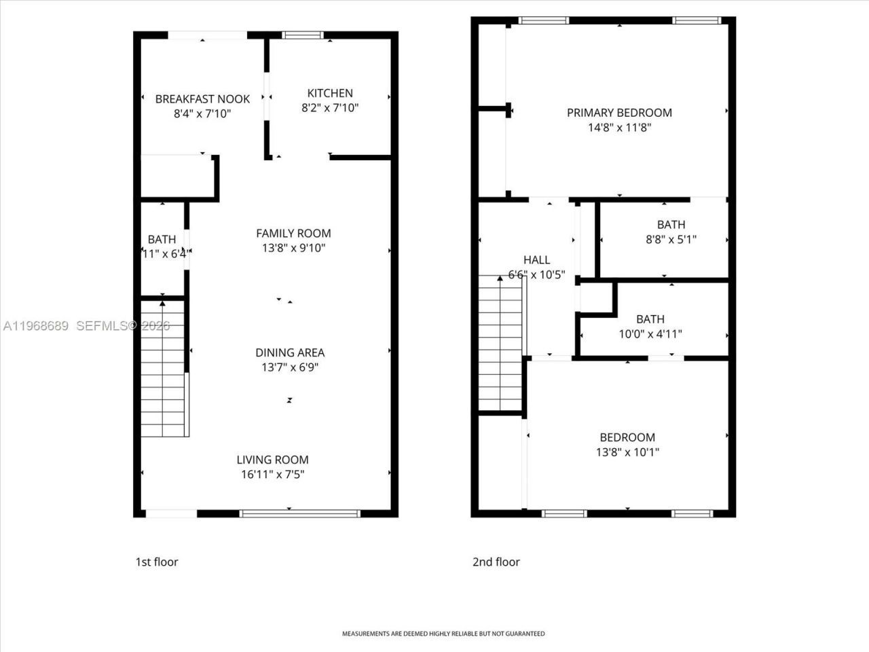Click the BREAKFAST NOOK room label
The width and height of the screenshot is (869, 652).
[202, 99]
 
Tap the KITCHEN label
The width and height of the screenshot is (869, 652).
[330, 93]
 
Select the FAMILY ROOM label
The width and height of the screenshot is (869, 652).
[293, 233]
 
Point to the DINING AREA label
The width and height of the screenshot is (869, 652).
[290, 352]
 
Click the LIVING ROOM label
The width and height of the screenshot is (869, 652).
[272, 460]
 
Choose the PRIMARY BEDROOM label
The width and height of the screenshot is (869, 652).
[619, 113]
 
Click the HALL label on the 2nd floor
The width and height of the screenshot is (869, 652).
[536, 260]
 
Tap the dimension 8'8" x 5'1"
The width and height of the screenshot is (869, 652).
[671, 239]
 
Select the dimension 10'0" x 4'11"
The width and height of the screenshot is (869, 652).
[650, 333]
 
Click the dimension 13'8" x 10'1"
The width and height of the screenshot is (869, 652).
[627, 452]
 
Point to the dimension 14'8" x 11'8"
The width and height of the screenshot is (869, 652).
[619, 128]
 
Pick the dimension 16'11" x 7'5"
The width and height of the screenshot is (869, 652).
[272, 475]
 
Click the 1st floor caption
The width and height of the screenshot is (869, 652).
[157, 562]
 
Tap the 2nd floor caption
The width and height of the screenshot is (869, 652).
[496, 562]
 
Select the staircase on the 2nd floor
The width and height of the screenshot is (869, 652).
[501, 343]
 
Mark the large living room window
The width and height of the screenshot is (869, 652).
[299, 513]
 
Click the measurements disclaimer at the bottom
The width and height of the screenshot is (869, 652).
[443, 634]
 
